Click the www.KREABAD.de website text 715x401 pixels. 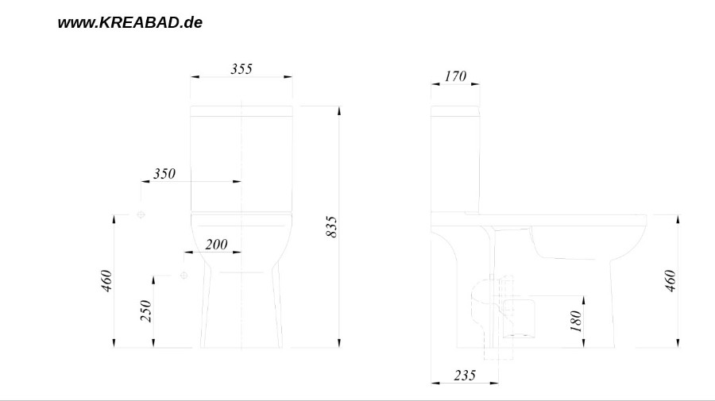point(130,23)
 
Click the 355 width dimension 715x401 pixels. point(242,69)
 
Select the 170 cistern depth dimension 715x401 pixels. point(455,76)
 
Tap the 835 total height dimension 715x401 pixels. point(331,226)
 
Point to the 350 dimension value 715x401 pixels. point(164,174)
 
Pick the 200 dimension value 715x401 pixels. point(216,245)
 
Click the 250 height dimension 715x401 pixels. point(146,310)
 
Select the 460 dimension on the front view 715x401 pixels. point(106,281)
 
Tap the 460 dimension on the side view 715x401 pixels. point(671,281)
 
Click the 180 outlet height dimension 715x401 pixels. point(577,321)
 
